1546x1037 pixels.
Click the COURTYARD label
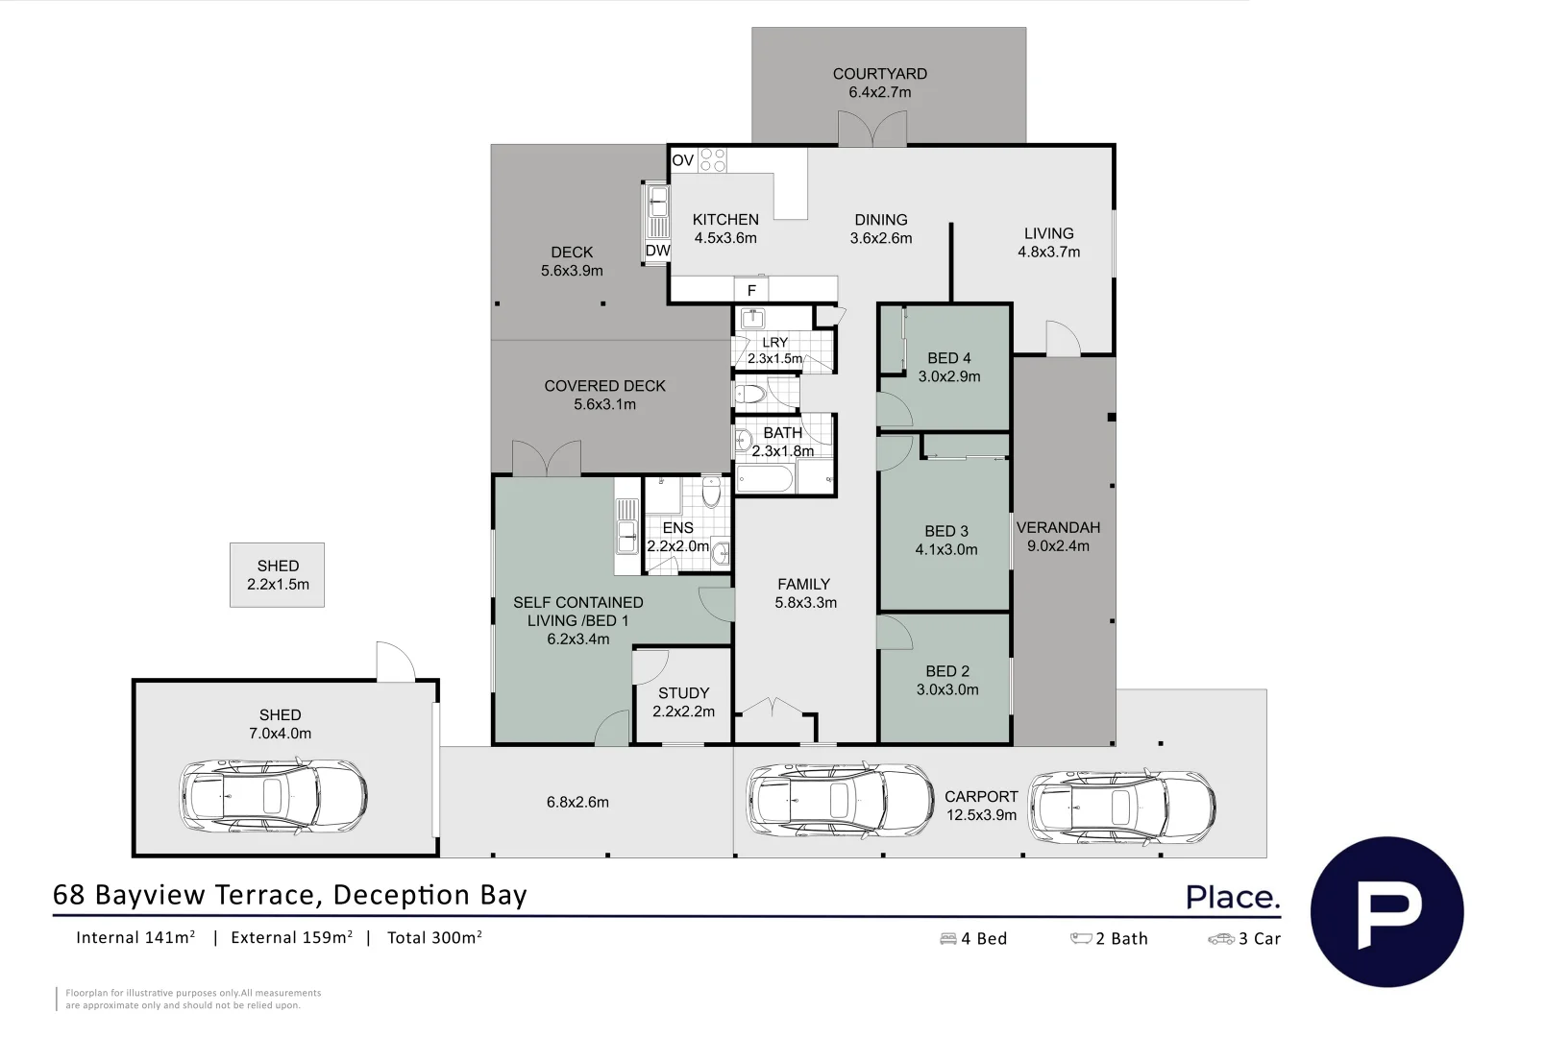point(880,74)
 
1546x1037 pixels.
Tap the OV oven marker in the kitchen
point(682,160)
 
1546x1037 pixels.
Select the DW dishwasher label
point(658,251)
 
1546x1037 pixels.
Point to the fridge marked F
point(751,290)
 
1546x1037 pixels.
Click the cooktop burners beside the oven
point(712,160)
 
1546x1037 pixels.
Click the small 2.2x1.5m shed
point(278,575)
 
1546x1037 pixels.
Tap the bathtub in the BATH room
point(765,479)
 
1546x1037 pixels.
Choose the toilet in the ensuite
point(712,492)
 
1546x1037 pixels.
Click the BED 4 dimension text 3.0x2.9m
point(949,376)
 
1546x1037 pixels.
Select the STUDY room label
point(683,693)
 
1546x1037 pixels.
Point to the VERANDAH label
point(1058,527)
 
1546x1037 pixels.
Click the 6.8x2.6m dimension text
point(577,802)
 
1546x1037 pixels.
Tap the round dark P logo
point(1387,911)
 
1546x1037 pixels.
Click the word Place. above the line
point(1233,897)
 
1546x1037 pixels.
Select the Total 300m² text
point(435,938)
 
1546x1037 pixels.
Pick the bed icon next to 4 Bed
point(948,938)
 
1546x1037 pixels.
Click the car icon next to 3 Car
point(1221,938)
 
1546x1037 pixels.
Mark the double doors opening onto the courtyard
point(872,129)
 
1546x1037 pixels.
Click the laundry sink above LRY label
point(752,319)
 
